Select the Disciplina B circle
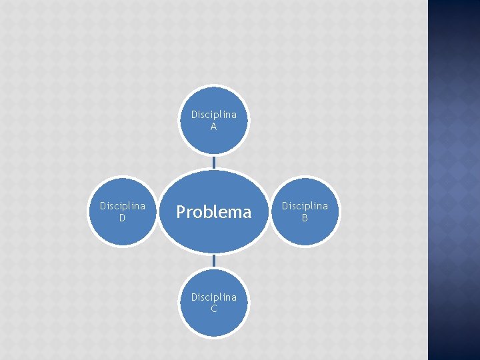(305, 211)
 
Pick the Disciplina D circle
(123, 211)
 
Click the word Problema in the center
(213, 212)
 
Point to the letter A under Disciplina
(213, 127)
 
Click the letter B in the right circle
(305, 217)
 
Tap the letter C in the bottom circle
(213, 309)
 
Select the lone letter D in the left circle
(123, 217)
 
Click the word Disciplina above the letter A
(213, 115)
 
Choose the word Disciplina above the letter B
(305, 206)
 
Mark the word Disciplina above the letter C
(213, 297)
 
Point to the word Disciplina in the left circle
(123, 206)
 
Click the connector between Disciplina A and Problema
(213, 161)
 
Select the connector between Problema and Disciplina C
(213, 261)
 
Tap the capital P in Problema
(181, 212)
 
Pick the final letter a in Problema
(247, 213)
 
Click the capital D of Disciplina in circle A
(194, 115)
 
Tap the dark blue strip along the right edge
(453, 180)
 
